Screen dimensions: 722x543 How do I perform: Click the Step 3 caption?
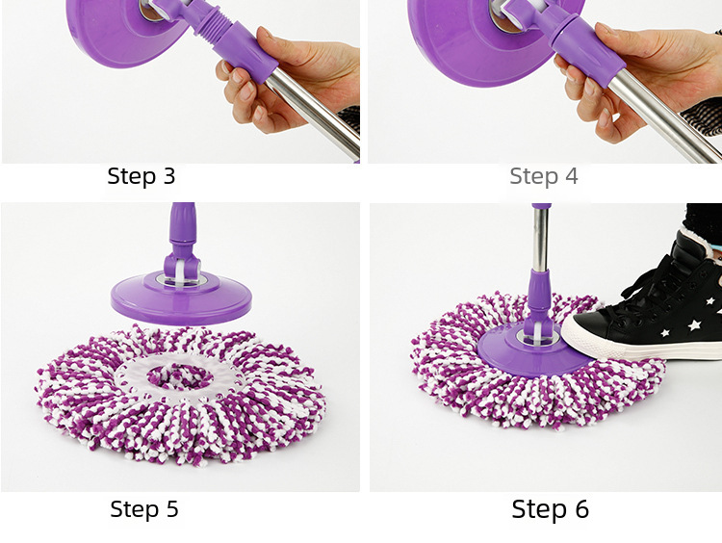click(x=142, y=176)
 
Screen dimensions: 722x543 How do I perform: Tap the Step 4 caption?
click(x=543, y=176)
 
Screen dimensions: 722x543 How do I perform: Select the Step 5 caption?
click(x=144, y=509)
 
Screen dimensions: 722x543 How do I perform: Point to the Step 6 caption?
click(x=551, y=509)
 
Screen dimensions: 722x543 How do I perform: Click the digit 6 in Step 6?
click(x=581, y=509)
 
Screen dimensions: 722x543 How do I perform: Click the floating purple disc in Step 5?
click(x=181, y=298)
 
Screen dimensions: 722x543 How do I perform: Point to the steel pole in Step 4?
click(x=663, y=120)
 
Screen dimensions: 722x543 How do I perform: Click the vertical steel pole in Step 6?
click(x=541, y=240)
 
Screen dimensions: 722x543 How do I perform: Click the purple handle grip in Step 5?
click(x=183, y=223)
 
